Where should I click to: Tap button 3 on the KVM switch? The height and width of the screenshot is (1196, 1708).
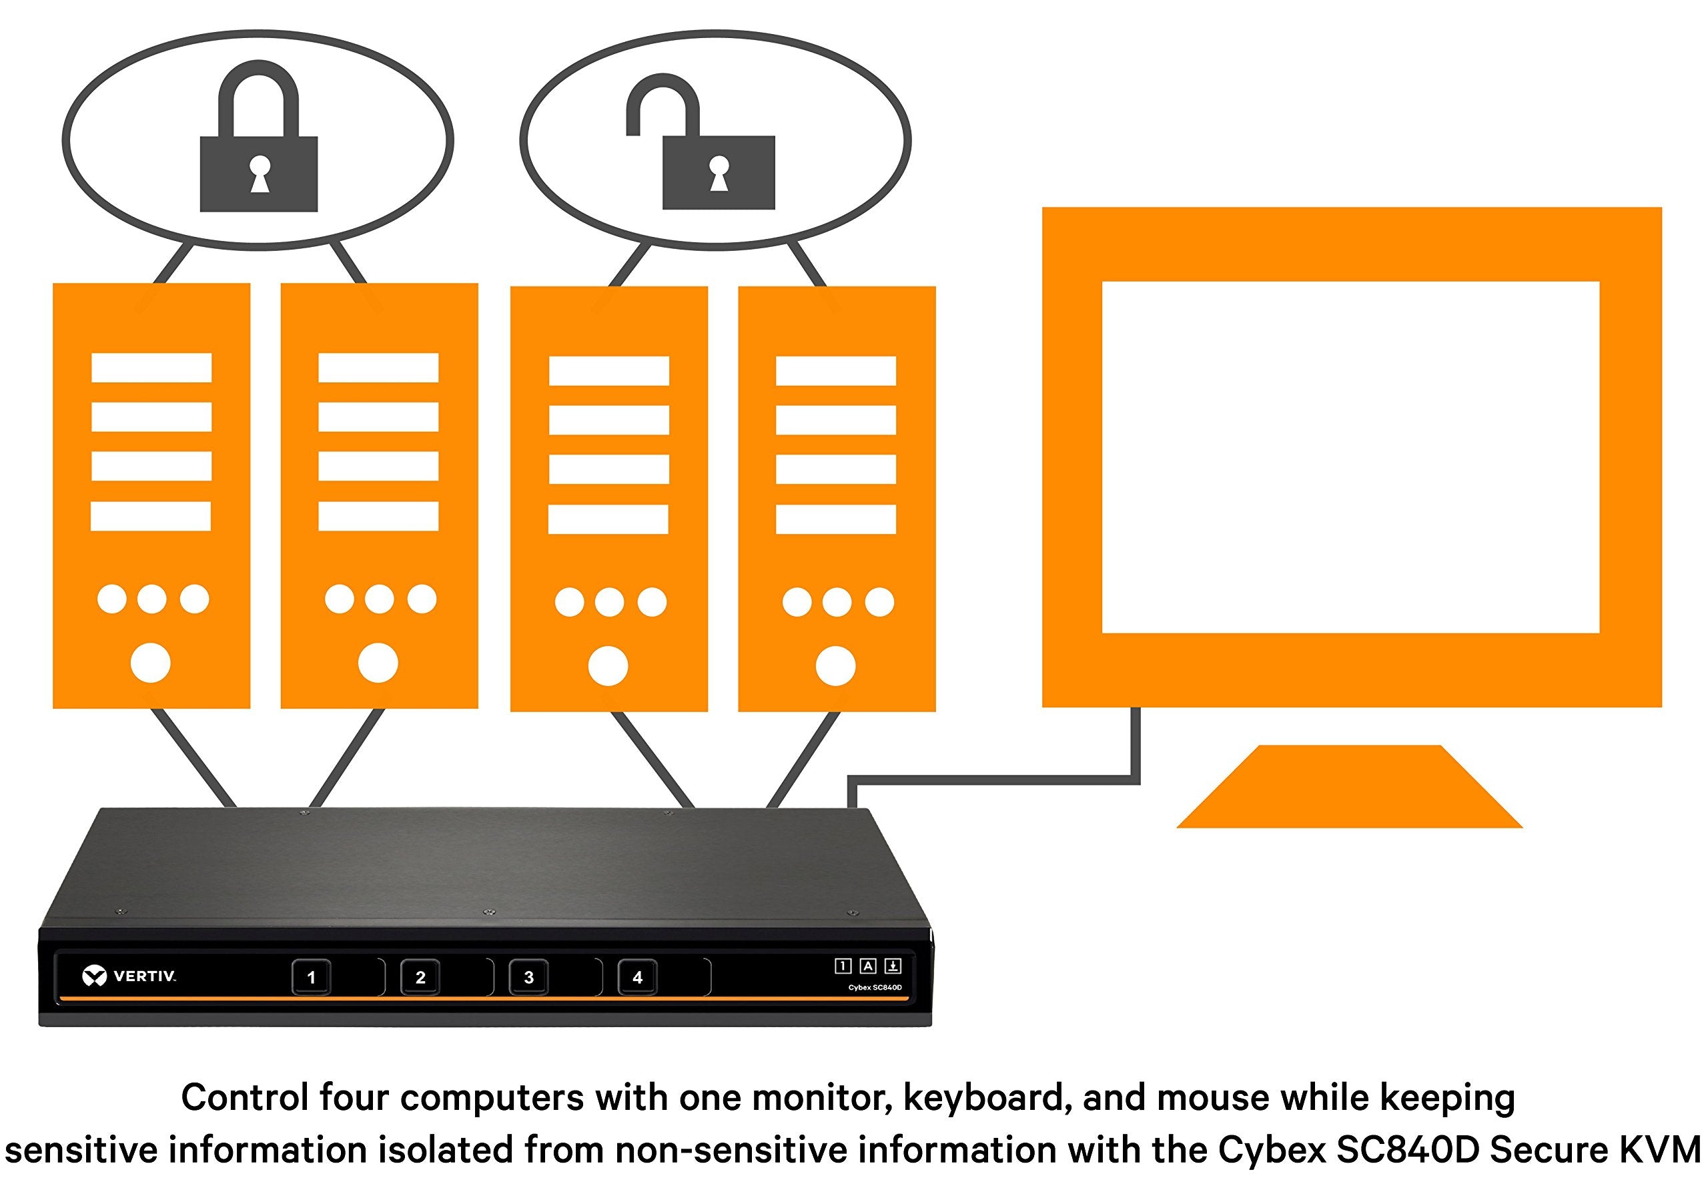coord(529,977)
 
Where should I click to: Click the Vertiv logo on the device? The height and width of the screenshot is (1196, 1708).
coord(129,976)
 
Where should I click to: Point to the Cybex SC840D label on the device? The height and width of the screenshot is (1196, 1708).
coord(875,988)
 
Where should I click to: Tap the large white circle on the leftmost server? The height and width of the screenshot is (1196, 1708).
coord(150,662)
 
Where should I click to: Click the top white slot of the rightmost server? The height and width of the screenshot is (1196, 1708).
coord(835,370)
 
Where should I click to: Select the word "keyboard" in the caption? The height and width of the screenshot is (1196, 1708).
coord(988,1099)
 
